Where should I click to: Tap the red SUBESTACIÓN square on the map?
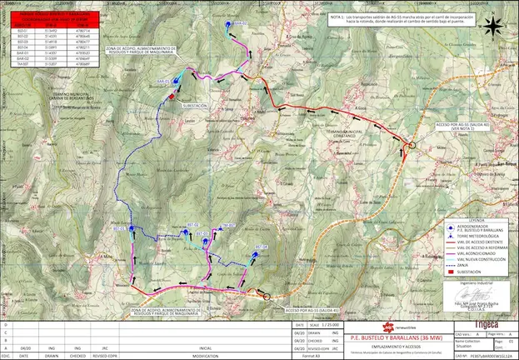click(172, 97)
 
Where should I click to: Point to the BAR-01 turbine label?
click(162, 81)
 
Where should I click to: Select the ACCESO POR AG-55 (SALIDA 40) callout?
click(457, 126)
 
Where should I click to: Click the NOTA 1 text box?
click(395, 19)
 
